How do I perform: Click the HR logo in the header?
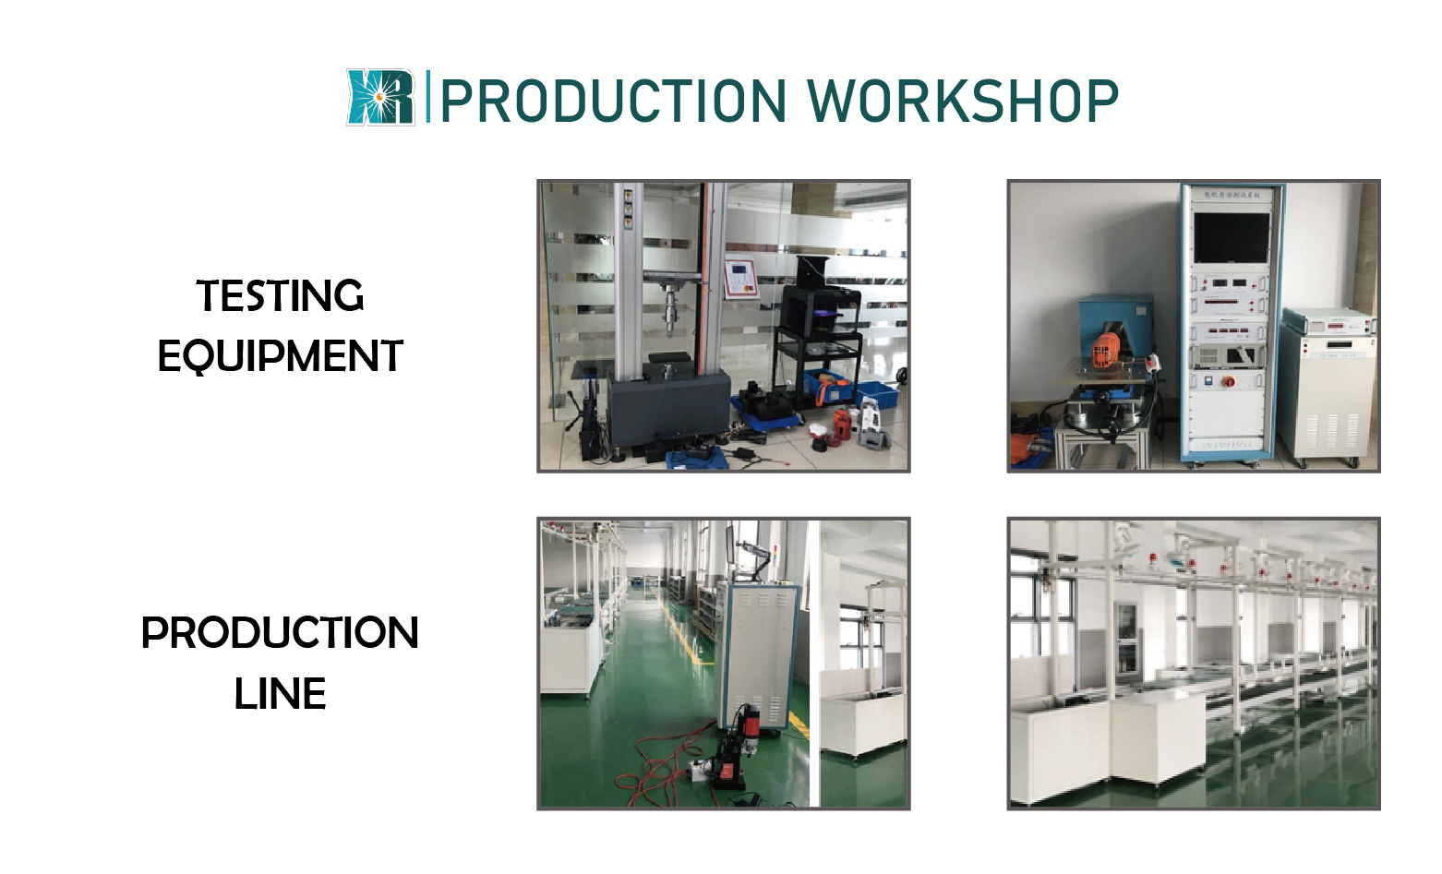coord(380,97)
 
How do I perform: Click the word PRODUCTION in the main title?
coord(614,101)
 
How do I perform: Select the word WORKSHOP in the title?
coord(963,101)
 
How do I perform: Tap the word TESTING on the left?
coord(280,296)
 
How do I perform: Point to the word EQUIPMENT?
coord(280,356)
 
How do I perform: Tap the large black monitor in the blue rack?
coord(1231,237)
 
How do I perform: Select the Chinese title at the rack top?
coord(1232,195)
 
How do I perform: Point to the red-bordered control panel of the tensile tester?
coord(741,277)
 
